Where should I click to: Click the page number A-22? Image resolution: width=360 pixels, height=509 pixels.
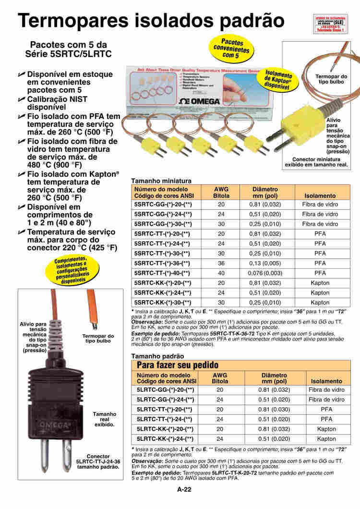tap(184, 490)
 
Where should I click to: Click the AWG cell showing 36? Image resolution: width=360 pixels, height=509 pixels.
tap(221, 263)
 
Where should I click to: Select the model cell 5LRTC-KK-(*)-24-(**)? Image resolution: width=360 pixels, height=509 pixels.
tap(165, 439)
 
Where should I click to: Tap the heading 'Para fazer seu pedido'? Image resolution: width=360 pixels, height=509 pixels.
tap(178, 365)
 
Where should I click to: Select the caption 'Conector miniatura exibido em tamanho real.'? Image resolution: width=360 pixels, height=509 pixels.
tap(320, 162)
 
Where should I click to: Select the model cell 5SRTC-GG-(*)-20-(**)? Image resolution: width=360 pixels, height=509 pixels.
tap(163, 205)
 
